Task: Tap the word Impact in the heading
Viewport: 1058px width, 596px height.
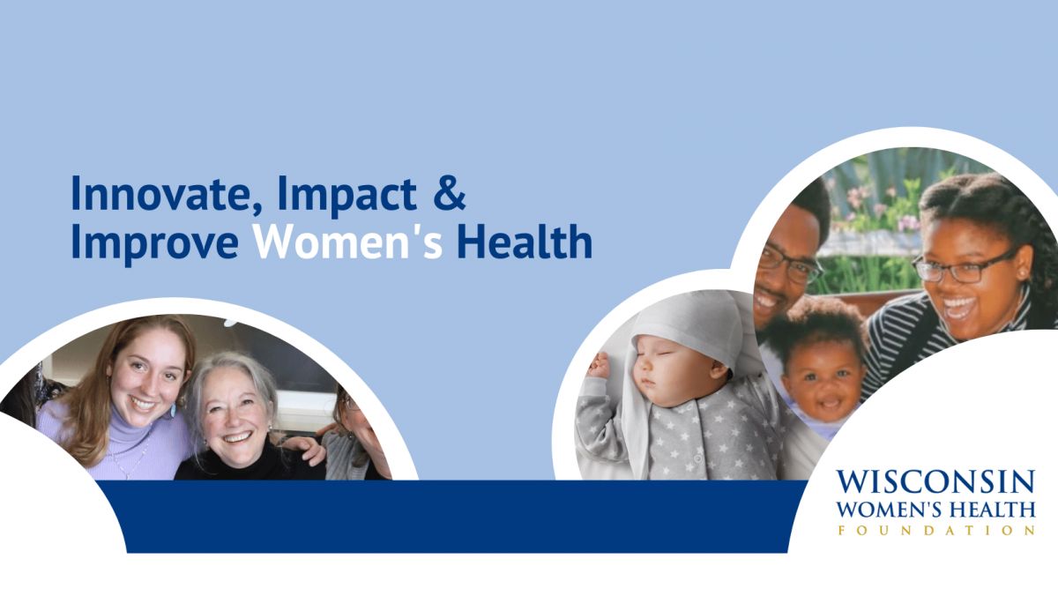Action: tap(347, 196)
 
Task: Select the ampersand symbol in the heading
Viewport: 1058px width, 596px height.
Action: tap(449, 193)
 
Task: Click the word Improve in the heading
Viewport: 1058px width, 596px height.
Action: tap(155, 243)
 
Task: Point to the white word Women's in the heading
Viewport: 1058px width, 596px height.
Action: tap(348, 242)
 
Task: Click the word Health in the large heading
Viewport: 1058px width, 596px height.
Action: tap(525, 241)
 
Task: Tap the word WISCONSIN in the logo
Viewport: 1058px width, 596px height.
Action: tap(936, 482)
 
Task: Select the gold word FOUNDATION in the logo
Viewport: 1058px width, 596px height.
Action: tap(936, 531)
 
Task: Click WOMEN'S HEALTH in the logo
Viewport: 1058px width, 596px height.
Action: tap(936, 509)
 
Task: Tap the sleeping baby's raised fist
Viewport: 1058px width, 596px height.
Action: tap(600, 366)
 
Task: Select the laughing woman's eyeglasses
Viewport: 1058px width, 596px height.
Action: tap(964, 268)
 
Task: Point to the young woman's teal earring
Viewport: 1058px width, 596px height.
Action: tap(173, 409)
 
